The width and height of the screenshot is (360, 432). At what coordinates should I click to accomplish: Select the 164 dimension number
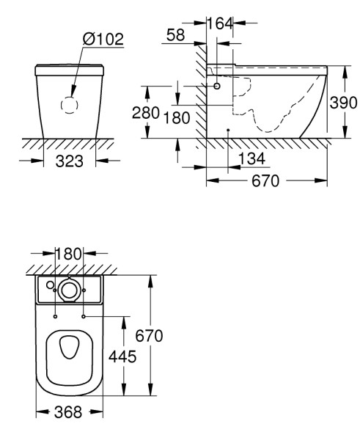220,23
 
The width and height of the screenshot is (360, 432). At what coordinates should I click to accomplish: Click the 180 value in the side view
177,117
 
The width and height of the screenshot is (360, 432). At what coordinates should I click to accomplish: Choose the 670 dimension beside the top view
148,336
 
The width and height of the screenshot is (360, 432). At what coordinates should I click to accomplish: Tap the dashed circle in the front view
69,105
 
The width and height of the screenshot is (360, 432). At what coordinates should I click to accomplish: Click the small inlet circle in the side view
218,87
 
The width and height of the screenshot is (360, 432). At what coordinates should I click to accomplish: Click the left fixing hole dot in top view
55,316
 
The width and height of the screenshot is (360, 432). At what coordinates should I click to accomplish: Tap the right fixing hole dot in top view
86,316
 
